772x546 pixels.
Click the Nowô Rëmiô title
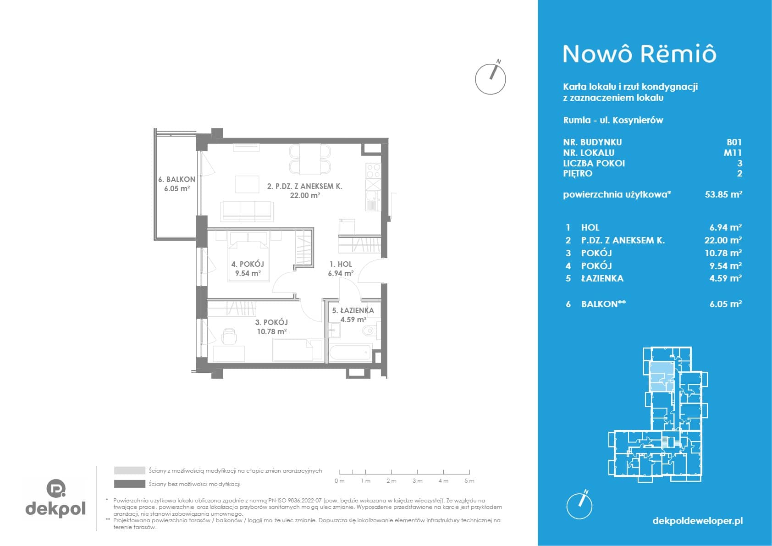640,54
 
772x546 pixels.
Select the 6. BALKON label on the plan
177,179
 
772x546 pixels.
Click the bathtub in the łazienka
350,352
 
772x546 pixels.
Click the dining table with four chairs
310,159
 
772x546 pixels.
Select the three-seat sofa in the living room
247,211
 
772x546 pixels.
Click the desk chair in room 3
229,336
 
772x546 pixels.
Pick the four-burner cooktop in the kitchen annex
373,171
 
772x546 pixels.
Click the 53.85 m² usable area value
723,194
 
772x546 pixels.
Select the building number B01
734,142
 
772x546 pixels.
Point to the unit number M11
733,152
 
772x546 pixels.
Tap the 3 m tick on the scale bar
418,472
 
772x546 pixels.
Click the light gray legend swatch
130,470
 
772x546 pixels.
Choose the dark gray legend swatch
130,484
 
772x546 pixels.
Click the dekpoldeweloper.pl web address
698,521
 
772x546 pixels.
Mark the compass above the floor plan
491,78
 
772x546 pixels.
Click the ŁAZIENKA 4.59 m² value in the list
726,278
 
